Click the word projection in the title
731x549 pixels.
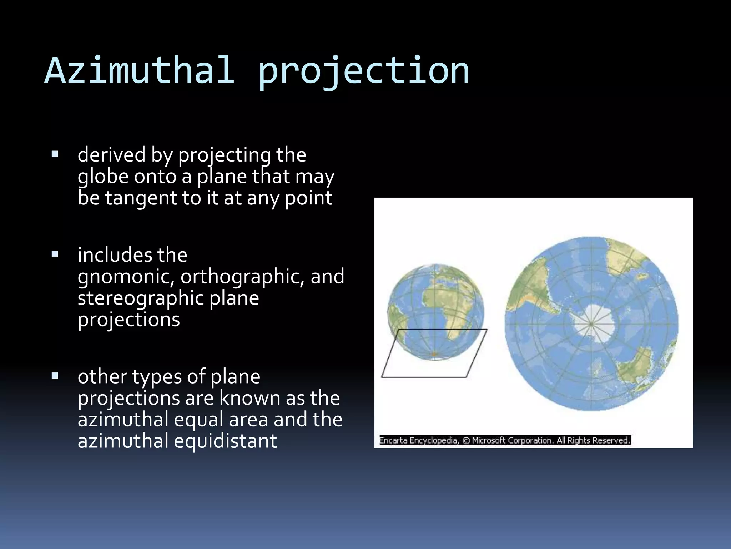click(x=363, y=71)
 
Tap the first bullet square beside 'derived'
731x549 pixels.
click(x=55, y=154)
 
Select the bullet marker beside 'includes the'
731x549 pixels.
click(x=55, y=254)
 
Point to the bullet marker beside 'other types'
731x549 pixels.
click(x=55, y=376)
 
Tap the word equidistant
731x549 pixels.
click(x=225, y=441)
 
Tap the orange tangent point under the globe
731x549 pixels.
click(x=434, y=354)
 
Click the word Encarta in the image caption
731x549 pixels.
click(x=393, y=440)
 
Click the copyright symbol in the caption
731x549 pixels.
click(x=466, y=441)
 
